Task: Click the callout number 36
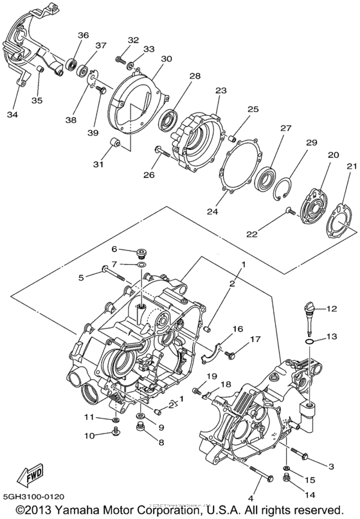(x=83, y=35)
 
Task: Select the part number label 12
(x=331, y=309)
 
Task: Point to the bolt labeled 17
(x=233, y=351)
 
